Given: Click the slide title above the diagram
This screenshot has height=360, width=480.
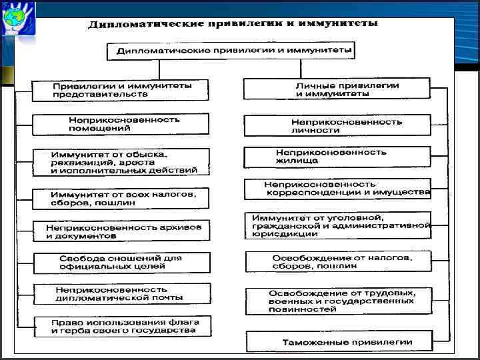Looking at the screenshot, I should [x=233, y=24].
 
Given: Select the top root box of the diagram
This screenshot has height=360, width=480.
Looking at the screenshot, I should [x=231, y=51].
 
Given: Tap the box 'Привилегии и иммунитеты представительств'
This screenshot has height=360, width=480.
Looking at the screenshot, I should [x=121, y=90].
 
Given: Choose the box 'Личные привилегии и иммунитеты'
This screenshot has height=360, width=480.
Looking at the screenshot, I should [x=346, y=89].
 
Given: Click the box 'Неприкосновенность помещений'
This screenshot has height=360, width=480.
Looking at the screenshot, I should [x=121, y=123].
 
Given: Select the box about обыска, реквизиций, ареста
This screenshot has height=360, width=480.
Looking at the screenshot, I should [x=121, y=162].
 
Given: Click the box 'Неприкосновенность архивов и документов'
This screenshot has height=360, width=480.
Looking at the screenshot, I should [x=121, y=231].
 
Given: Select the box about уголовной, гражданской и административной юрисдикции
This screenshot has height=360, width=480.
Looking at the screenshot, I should [x=340, y=225].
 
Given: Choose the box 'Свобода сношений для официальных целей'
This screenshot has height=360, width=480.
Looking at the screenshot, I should [x=121, y=263].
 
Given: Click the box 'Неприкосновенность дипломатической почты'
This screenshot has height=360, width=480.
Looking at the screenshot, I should [x=121, y=293].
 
